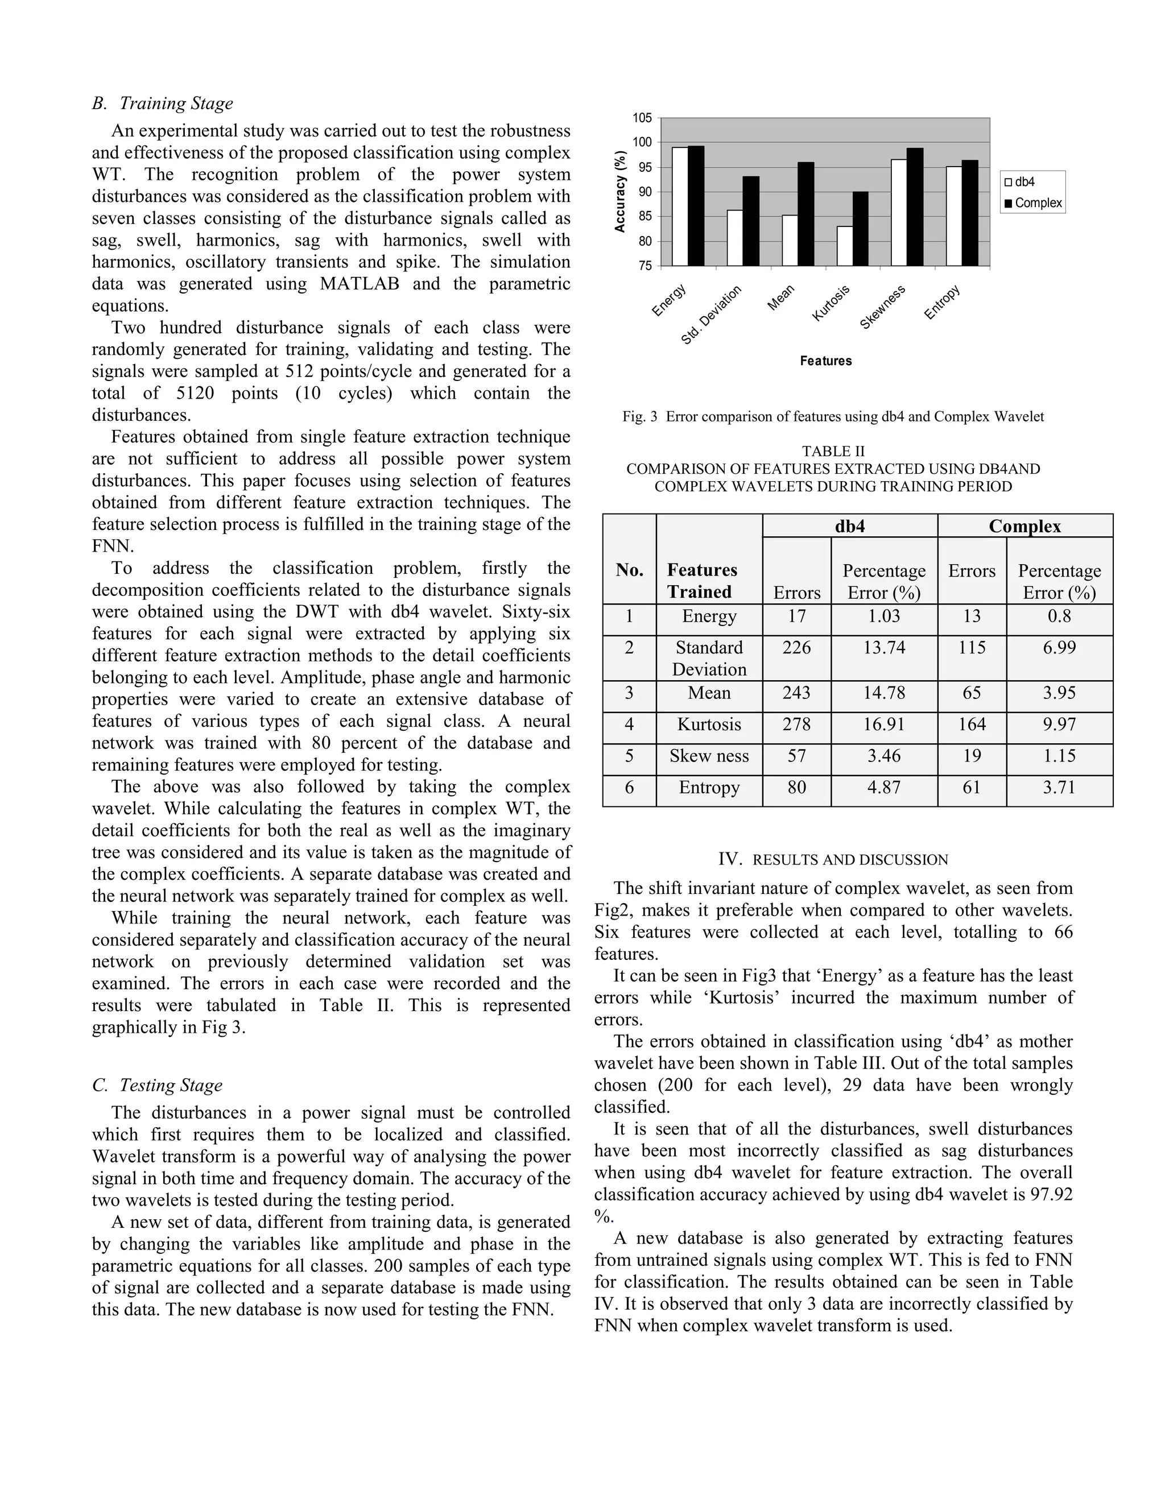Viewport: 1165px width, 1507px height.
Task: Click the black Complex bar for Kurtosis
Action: click(860, 229)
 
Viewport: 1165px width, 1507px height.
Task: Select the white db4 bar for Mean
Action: click(790, 241)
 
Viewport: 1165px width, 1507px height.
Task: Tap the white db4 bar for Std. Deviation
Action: click(735, 238)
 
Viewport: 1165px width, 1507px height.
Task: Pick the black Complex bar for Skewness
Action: click(915, 207)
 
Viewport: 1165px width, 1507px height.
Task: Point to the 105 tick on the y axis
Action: click(642, 118)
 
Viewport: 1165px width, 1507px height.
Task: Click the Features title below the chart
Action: click(825, 361)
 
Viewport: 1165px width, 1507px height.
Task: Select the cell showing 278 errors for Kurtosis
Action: click(796, 724)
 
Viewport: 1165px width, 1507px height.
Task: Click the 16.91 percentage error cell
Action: click(883, 724)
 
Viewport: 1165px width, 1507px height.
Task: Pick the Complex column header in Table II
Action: click(1024, 527)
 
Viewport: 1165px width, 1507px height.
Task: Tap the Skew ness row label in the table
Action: click(709, 756)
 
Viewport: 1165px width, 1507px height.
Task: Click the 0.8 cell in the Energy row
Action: click(1059, 616)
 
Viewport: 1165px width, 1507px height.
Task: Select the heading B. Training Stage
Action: click(163, 103)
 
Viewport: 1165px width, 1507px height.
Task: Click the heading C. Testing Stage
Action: click(158, 1086)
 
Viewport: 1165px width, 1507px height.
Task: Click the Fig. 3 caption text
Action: click(833, 417)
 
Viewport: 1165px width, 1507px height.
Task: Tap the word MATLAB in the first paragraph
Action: click(360, 284)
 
